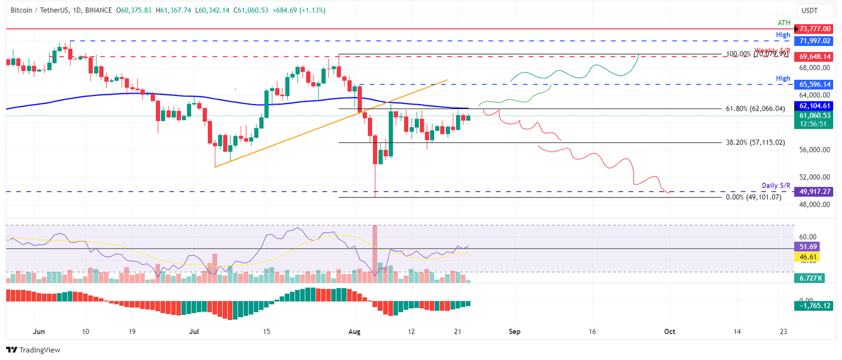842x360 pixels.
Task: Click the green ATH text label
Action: click(784, 22)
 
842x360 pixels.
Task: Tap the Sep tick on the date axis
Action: click(514, 332)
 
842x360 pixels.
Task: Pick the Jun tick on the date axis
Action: click(38, 332)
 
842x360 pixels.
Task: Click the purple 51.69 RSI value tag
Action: click(809, 247)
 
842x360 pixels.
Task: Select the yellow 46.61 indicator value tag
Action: click(809, 256)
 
